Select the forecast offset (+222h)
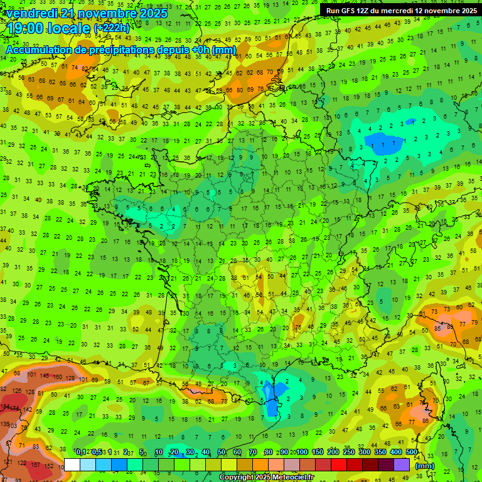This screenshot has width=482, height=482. click(x=112, y=28)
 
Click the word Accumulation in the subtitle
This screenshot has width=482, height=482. click(x=38, y=50)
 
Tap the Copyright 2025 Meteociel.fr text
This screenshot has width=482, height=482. click(x=267, y=477)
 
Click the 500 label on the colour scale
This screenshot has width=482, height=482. click(x=411, y=452)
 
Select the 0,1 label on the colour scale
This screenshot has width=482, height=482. click(x=81, y=452)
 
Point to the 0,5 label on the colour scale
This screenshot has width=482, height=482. click(x=97, y=452)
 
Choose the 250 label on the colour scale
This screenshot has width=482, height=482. click(x=348, y=452)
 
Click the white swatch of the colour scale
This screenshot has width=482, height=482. click(x=72, y=464)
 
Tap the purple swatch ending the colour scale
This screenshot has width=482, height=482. click(x=402, y=464)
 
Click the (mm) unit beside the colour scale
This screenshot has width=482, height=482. click(x=426, y=466)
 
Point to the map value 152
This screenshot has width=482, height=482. click(x=49, y=431)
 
